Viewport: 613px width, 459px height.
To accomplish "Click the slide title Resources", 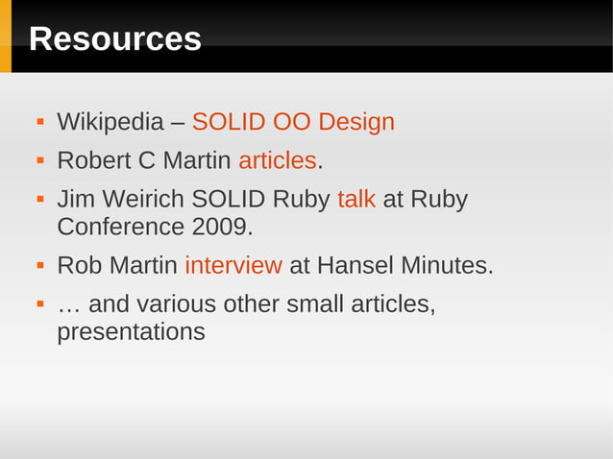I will click(115, 39).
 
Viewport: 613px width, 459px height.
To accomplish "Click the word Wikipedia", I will click(110, 123).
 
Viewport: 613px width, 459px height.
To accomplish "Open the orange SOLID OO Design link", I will click(293, 123).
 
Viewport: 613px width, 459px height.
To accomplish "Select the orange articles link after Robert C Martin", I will click(277, 160).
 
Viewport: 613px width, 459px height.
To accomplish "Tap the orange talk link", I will click(356, 199).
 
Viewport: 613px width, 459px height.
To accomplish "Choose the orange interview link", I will click(233, 265).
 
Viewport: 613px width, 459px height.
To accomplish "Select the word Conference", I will click(119, 228).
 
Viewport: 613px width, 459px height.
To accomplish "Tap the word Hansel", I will click(356, 265).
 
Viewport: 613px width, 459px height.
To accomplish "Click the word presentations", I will click(131, 332).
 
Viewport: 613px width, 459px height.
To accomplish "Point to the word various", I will click(176, 303).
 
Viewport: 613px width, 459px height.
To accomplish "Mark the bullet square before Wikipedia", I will click(40, 123).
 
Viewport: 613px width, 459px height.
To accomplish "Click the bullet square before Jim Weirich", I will click(40, 199).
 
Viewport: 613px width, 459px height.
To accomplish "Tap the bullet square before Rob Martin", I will click(40, 265).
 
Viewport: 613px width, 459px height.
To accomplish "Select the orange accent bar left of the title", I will click(5, 36).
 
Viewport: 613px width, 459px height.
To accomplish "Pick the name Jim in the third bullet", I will click(75, 199).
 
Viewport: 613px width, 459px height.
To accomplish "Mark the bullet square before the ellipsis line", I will click(40, 303).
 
